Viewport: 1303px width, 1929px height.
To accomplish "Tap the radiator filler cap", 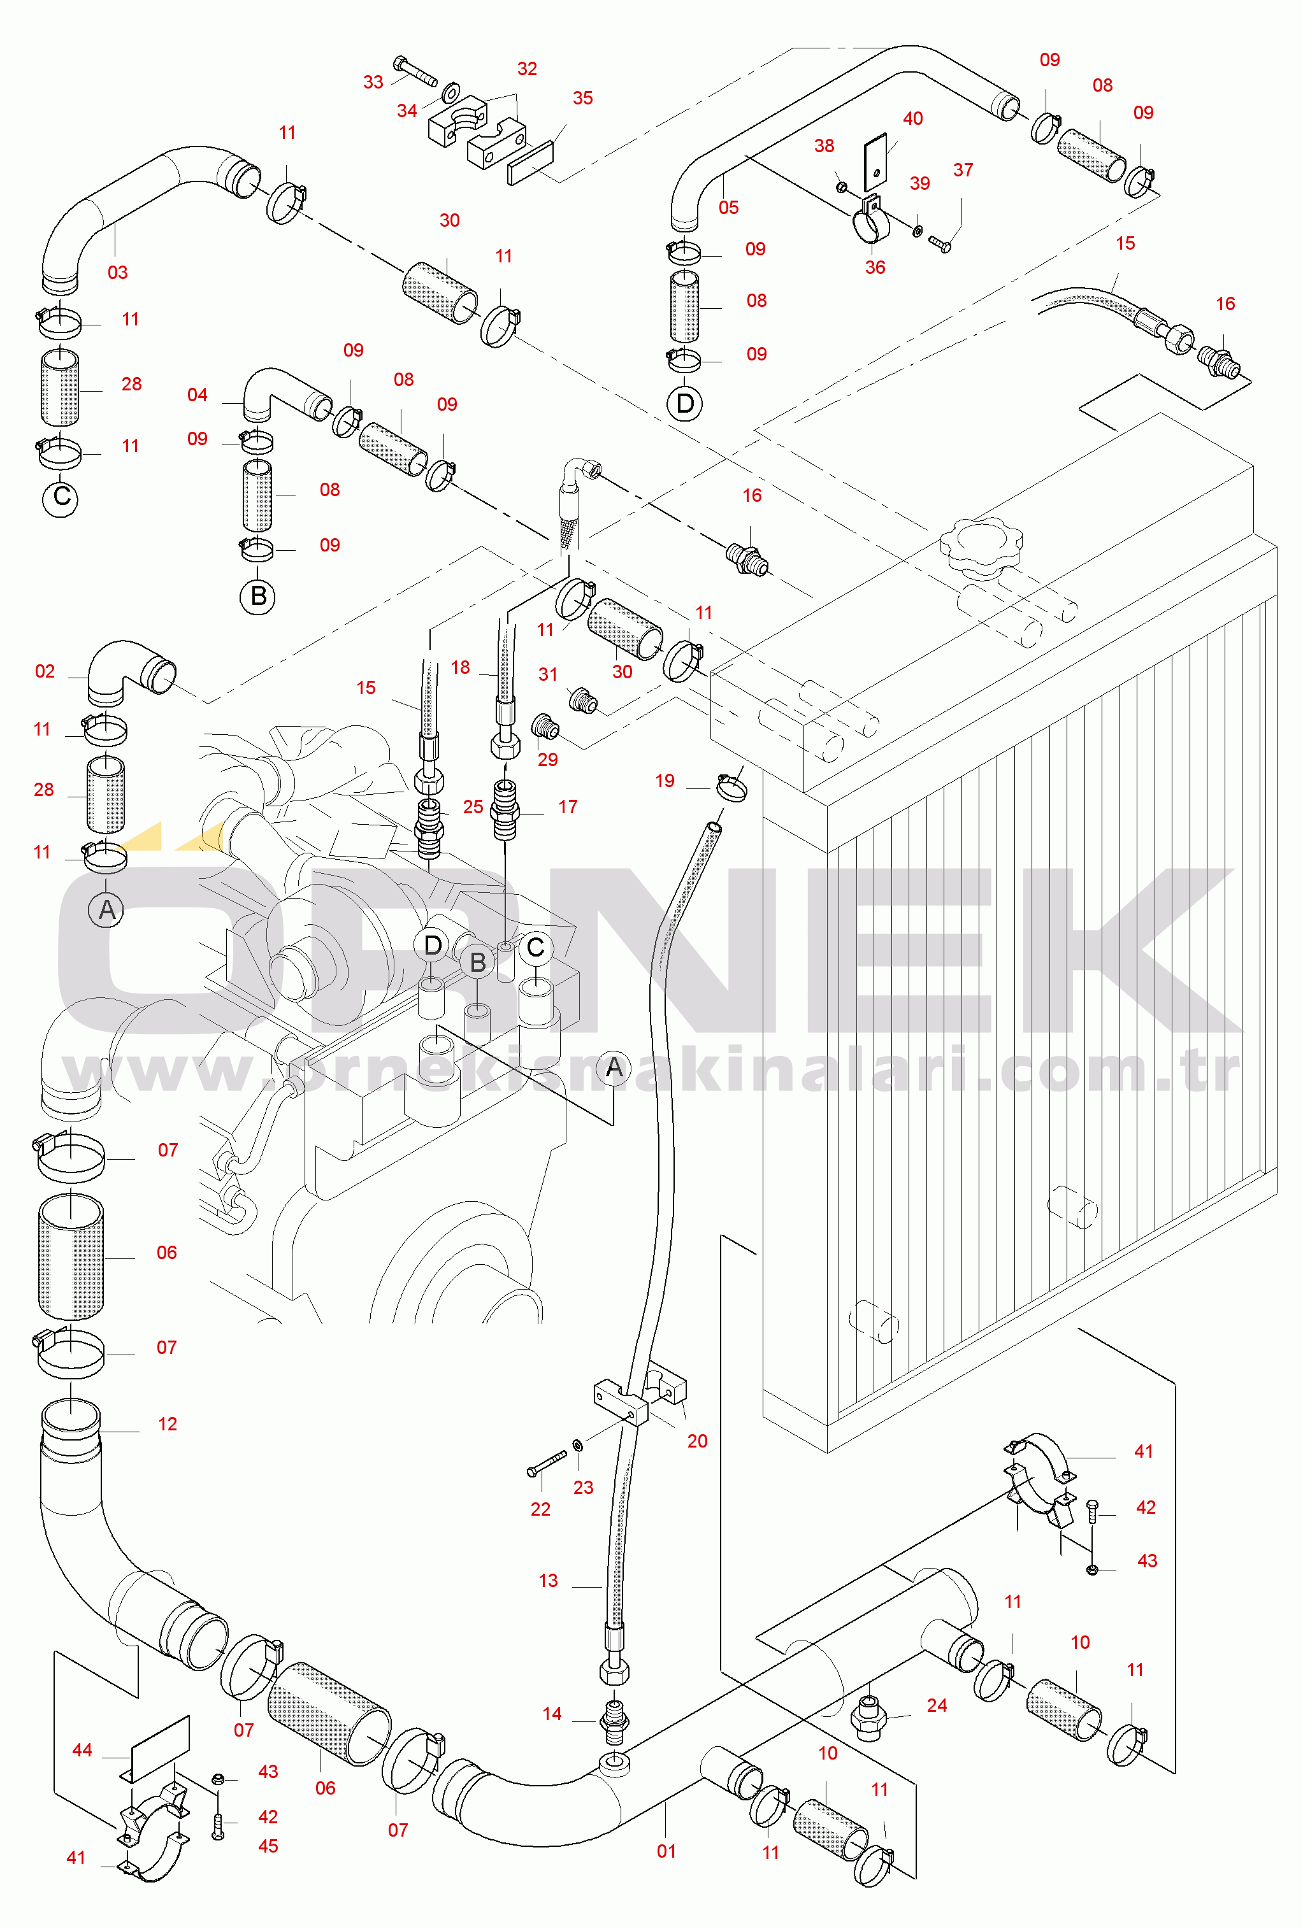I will point(981,544).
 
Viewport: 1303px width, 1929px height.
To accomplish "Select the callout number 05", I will point(728,208).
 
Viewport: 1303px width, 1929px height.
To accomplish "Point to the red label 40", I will point(912,118).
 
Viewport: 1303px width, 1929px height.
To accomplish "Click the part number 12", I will point(168,1425).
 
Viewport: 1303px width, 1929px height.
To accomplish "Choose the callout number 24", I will point(937,1705).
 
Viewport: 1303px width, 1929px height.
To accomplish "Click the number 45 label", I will point(268,1846).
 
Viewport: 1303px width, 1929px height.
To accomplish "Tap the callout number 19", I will point(665,780).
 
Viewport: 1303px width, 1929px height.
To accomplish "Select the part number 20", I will point(698,1441).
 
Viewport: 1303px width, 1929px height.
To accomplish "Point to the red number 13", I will point(548,1581).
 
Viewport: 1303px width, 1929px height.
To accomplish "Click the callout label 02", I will point(45,671).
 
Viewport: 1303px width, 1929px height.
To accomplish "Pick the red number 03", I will point(118,273).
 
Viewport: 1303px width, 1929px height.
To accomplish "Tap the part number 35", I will point(583,98).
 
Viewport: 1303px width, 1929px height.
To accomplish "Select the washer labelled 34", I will point(452,90).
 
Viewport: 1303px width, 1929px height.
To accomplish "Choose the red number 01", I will point(666,1851).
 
